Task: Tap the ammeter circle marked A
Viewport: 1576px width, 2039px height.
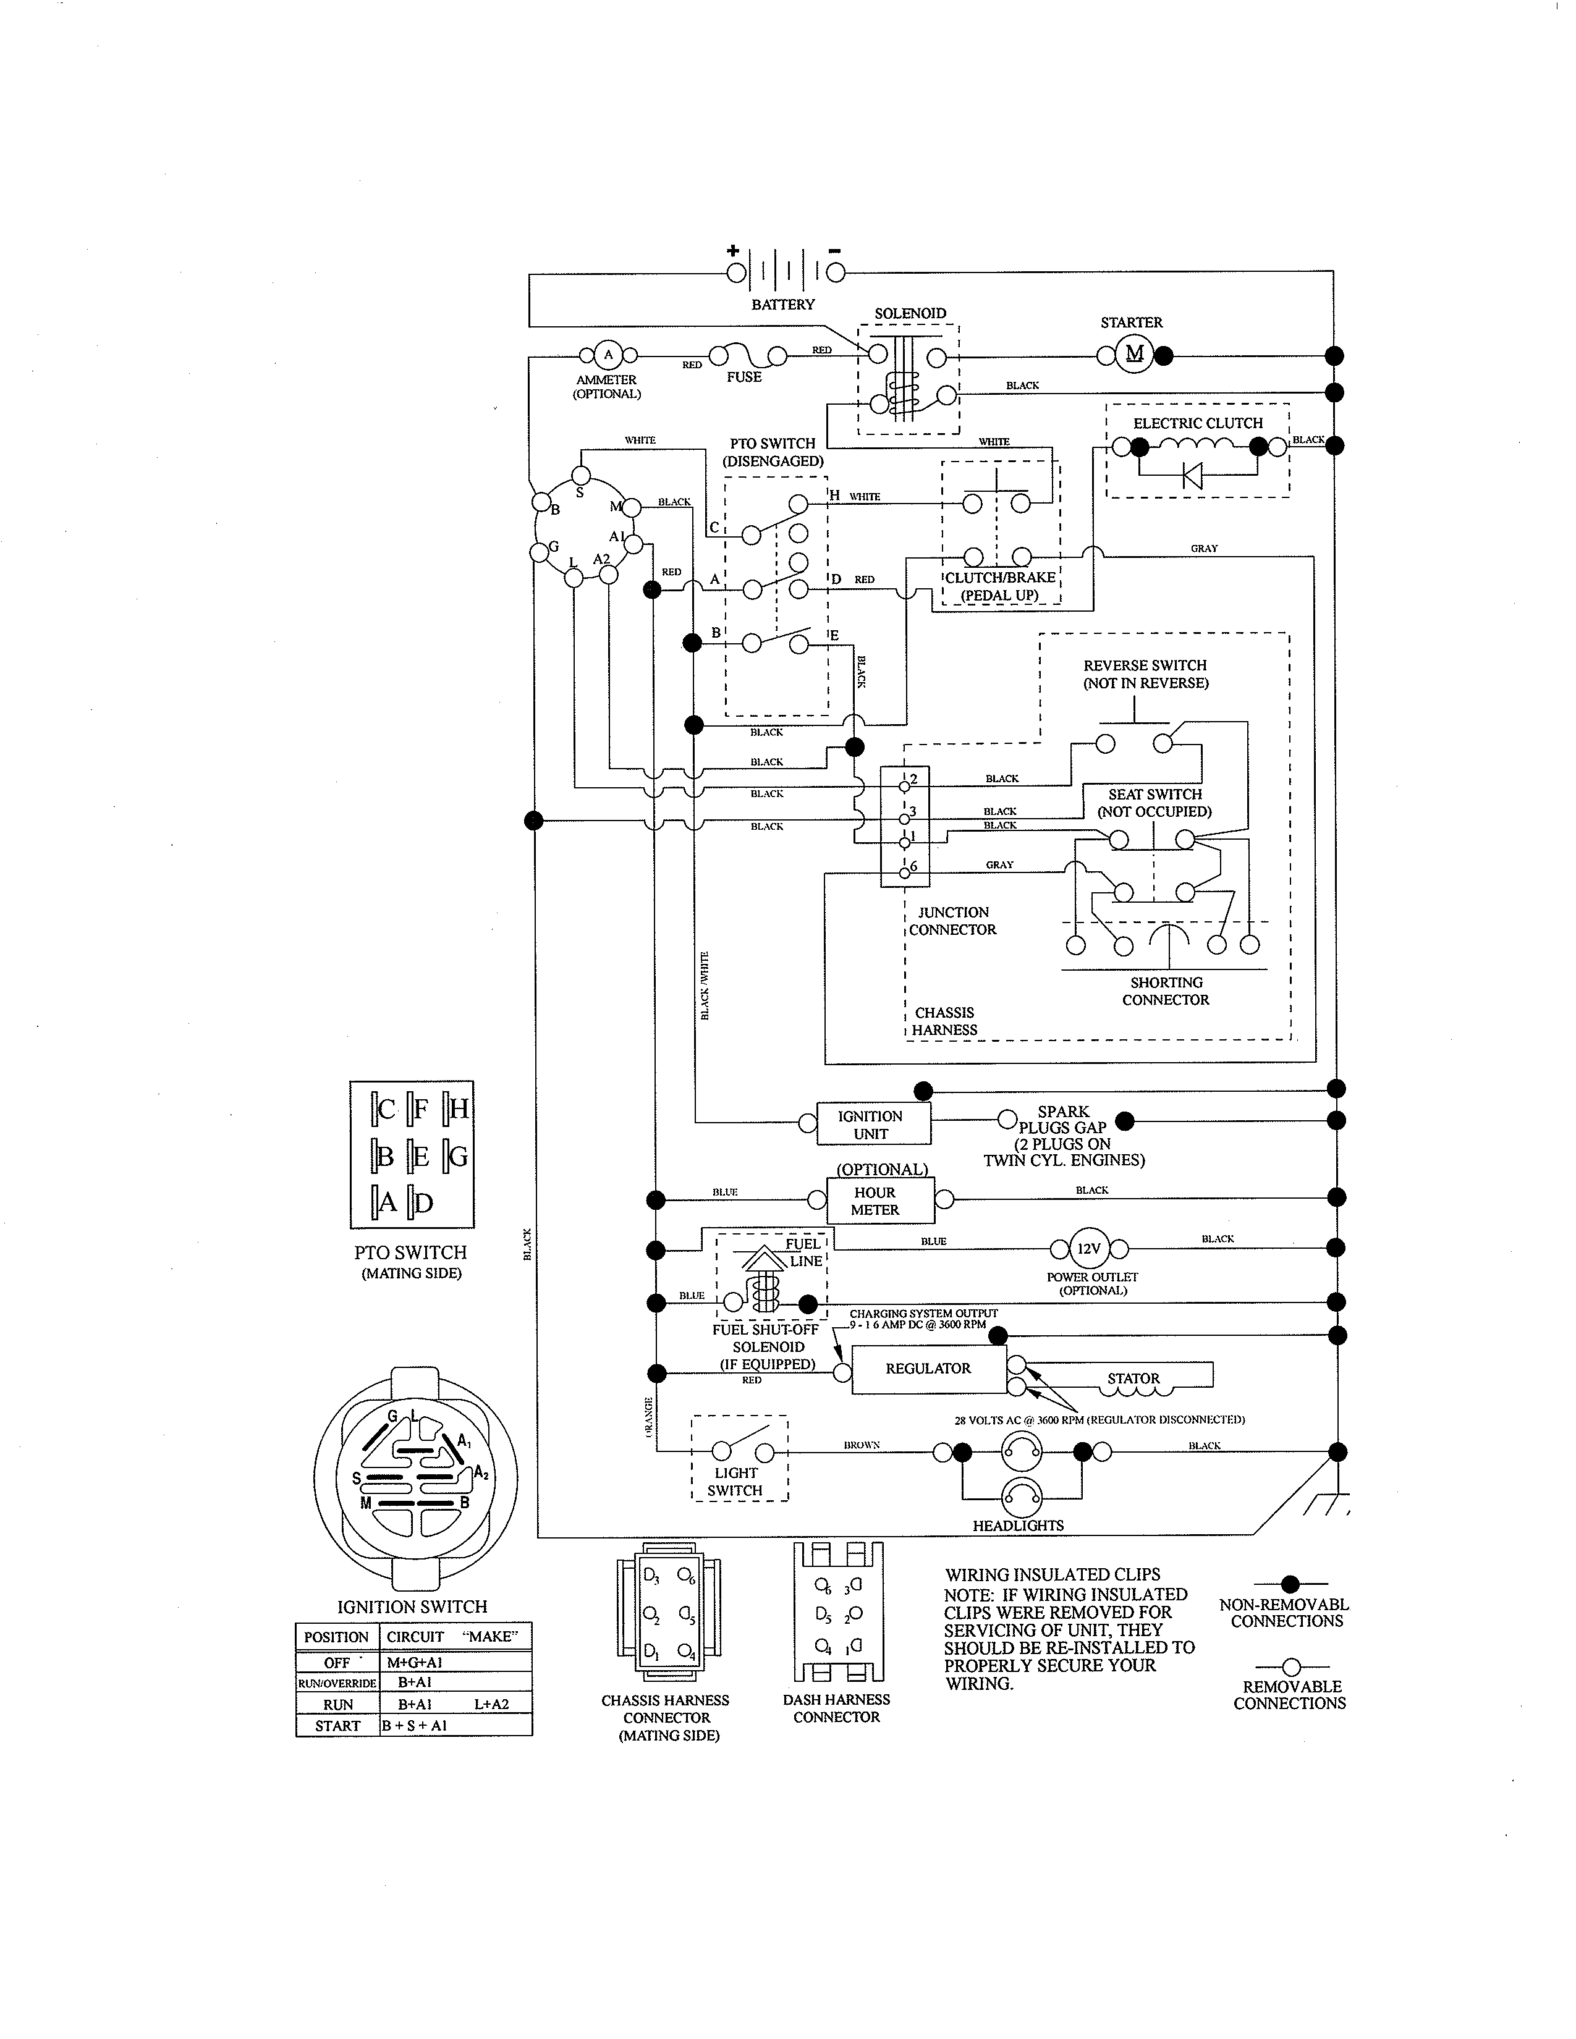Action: tap(608, 355)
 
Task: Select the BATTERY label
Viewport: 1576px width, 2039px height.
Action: tap(782, 305)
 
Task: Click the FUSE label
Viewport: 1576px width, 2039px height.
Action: tap(744, 377)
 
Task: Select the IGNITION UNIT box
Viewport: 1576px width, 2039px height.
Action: tap(872, 1124)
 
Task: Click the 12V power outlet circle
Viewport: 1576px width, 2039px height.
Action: tap(1088, 1249)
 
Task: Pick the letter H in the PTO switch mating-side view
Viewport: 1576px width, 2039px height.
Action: tap(459, 1109)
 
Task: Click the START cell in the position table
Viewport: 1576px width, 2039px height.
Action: tap(337, 1725)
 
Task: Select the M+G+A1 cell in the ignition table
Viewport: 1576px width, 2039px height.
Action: tap(415, 1662)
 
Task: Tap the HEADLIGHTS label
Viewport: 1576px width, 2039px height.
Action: tap(1018, 1526)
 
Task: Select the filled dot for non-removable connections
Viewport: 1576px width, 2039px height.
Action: tap(1290, 1584)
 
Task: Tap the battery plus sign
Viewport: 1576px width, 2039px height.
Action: tap(733, 250)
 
